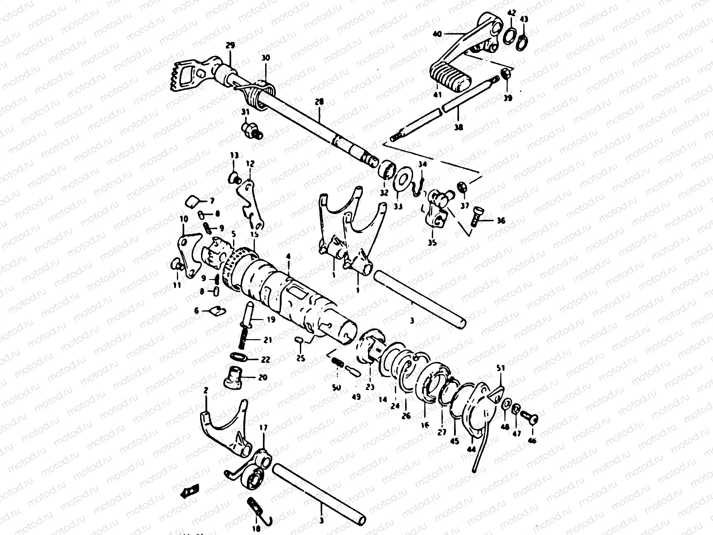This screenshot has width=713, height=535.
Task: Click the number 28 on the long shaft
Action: click(x=318, y=102)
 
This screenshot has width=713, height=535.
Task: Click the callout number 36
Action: click(x=501, y=220)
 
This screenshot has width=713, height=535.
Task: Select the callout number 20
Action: click(x=262, y=377)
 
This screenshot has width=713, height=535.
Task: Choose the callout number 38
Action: click(x=459, y=127)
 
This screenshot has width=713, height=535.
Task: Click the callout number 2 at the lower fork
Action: click(x=205, y=391)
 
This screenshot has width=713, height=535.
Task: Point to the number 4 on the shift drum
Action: click(x=288, y=257)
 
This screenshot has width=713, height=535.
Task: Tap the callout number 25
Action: click(x=300, y=358)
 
